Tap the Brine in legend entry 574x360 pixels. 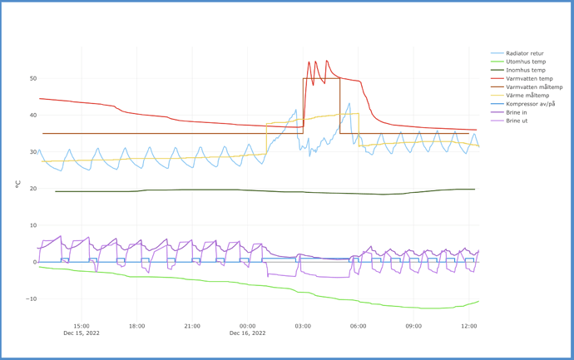click(x=517, y=112)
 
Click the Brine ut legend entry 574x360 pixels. click(x=517, y=121)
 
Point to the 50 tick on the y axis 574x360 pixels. click(x=32, y=79)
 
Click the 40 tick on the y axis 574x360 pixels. click(x=32, y=116)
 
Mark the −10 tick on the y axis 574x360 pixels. click(x=31, y=299)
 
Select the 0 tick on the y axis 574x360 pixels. click(x=34, y=262)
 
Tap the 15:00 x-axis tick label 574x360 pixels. click(x=82, y=326)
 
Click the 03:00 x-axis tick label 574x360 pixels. click(x=303, y=326)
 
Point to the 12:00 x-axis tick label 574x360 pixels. click(x=468, y=326)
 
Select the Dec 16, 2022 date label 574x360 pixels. click(x=247, y=333)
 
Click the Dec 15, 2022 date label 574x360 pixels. click(x=82, y=333)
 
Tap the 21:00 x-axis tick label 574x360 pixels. click(x=192, y=326)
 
